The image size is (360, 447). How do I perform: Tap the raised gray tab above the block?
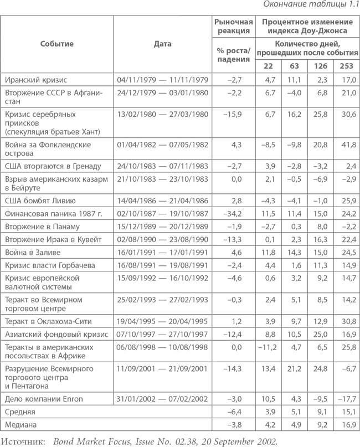pos(269,7)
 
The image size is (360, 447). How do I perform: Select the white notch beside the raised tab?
pos(89,7)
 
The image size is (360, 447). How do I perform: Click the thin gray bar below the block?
pos(138,441)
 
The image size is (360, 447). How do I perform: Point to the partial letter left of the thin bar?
pos(3,441)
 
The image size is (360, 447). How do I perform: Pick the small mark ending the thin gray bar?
pos(274,441)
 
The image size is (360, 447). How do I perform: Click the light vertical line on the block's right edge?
pos(359,222)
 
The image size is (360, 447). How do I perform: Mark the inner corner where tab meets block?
pos(179,15)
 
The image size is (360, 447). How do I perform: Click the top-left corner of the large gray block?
pos(1,16)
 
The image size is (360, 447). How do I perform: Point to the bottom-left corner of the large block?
pos(1,430)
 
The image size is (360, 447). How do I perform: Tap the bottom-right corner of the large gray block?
pos(358,430)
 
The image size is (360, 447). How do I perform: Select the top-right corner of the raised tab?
pos(358,1)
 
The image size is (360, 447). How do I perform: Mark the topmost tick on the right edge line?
pos(359,17)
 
